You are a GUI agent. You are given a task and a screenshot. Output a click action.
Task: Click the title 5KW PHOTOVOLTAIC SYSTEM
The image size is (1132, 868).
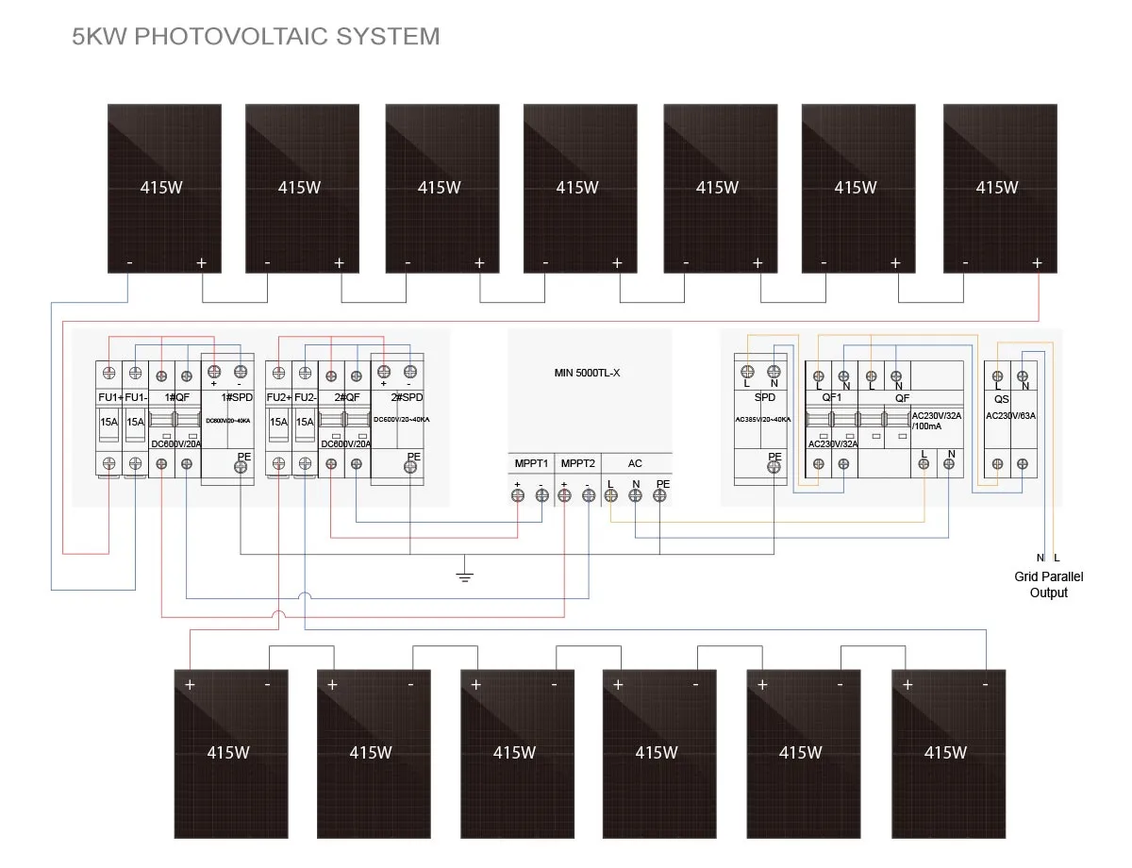tap(256, 37)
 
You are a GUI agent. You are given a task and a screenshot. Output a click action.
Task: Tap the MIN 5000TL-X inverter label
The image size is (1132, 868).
tap(587, 373)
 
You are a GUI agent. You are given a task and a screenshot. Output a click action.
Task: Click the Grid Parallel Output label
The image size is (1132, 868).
tap(1049, 584)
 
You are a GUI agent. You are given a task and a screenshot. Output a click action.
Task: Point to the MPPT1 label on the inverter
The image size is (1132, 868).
tap(531, 463)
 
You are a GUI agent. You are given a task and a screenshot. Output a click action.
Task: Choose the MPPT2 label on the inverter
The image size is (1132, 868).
tap(577, 463)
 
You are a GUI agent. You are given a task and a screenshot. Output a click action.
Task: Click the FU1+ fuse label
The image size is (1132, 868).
tap(110, 397)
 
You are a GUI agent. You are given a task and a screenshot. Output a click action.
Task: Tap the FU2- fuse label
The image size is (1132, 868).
tap(305, 397)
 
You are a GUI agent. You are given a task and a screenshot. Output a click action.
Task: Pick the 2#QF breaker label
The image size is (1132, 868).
tap(344, 397)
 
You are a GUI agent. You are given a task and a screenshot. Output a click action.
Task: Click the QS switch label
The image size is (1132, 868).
tap(1002, 398)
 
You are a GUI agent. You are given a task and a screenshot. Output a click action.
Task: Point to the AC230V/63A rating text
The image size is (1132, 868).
tap(1009, 415)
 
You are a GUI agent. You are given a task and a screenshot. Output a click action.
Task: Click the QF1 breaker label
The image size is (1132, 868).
tap(831, 397)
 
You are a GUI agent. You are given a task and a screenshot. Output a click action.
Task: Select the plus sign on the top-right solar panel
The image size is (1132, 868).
tap(1037, 263)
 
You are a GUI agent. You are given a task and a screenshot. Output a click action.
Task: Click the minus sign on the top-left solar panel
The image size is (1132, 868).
tap(129, 263)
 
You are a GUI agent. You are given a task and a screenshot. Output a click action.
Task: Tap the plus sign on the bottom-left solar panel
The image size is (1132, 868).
tap(190, 684)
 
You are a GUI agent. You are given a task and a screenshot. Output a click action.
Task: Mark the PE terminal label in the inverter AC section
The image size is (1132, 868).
tap(662, 483)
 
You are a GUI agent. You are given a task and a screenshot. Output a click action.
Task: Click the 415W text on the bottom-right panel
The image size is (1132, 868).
tap(945, 753)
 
